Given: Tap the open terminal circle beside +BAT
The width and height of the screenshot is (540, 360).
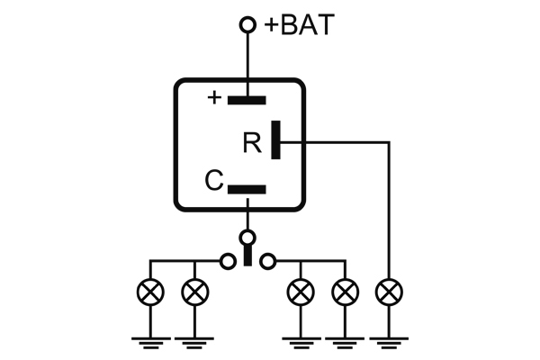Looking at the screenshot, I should [x=247, y=26].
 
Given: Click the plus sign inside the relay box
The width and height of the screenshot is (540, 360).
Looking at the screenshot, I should [x=214, y=97].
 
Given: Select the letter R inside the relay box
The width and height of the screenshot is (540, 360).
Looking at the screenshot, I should [x=252, y=143].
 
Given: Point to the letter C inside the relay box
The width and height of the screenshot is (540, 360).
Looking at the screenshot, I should [x=213, y=181].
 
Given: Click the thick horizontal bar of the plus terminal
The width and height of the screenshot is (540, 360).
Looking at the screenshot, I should [x=247, y=99].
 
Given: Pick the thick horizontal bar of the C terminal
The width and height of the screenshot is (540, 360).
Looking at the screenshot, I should [x=247, y=189].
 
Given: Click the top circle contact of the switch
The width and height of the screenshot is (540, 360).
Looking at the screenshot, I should [x=247, y=238].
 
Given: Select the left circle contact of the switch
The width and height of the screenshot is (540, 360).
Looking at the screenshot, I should [x=228, y=261].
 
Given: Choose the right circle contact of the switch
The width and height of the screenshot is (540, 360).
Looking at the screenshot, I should [x=267, y=261].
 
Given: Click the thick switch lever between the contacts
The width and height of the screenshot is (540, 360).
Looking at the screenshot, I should [x=247, y=257].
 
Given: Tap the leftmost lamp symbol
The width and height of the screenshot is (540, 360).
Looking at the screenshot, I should [x=149, y=292].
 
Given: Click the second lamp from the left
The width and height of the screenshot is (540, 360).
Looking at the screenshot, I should [x=194, y=292].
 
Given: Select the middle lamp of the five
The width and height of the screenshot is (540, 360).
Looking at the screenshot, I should [x=300, y=292].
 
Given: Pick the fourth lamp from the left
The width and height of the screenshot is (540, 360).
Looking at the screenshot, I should [x=344, y=292].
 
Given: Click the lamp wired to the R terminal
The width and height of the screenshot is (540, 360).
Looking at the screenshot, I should [x=389, y=292].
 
